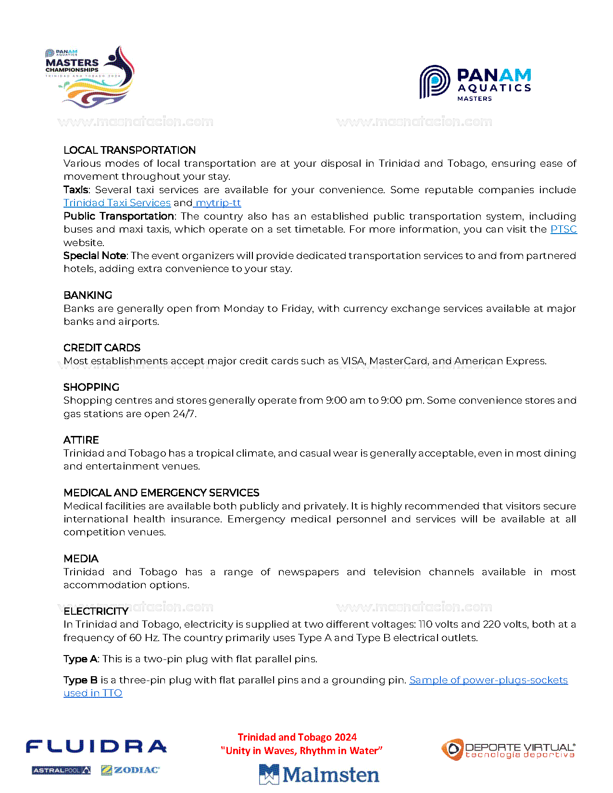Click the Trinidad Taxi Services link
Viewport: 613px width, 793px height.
pos(117,203)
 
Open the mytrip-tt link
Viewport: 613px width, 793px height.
pos(218,203)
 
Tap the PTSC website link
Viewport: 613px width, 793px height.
pos(563,229)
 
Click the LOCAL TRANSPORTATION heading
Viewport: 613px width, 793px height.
pos(129,150)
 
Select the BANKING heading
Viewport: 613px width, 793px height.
pos(88,295)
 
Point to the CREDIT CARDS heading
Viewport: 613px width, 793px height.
pos(102,347)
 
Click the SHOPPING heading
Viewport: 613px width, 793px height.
pos(91,387)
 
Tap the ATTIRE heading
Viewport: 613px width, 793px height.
pos(81,440)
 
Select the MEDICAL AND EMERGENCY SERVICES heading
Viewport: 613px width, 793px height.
pos(161,493)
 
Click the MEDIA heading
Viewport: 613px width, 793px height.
pos(81,558)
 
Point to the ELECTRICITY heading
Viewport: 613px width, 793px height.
pos(96,611)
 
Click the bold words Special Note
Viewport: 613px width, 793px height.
pos(95,256)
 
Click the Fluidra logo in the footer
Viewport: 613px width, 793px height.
pos(96,746)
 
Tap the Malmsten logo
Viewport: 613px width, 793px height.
pos(319,774)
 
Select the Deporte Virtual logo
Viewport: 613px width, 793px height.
pos(508,750)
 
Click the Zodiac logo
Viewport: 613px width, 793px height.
pos(130,770)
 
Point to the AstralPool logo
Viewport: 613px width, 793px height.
pos(61,770)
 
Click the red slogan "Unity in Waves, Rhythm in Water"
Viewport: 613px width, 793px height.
pos(301,751)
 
